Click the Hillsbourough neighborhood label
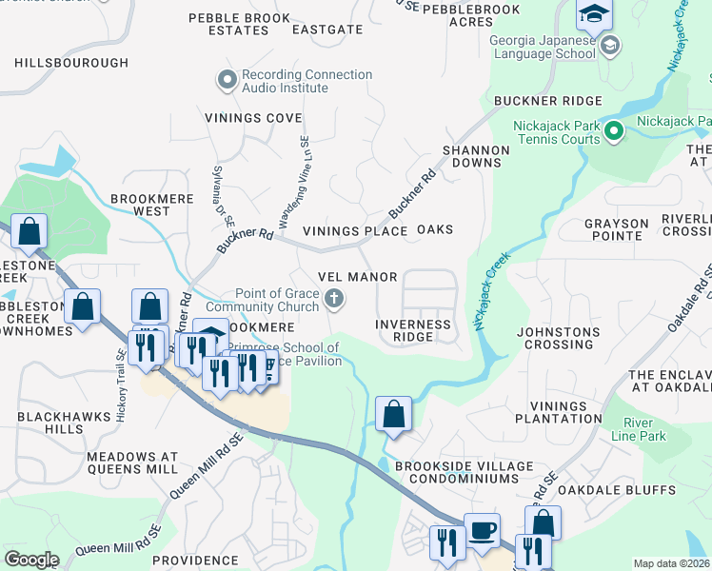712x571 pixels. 71,63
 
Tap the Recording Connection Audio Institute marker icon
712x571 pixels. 227,81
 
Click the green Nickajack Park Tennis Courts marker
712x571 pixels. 615,131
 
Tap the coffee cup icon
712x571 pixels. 482,530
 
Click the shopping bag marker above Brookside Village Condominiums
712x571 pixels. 393,414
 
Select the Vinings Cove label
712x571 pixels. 253,118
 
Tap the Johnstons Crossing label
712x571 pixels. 558,339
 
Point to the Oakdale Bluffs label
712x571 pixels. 630,490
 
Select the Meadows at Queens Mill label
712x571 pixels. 131,463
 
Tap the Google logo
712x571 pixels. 31,560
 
